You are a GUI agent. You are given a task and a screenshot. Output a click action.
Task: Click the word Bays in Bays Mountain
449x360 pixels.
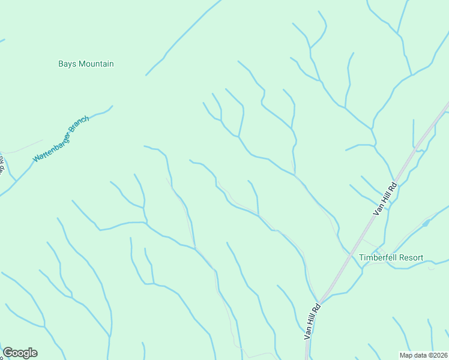(x=67, y=64)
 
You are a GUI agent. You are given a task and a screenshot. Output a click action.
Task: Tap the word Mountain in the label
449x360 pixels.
(x=96, y=64)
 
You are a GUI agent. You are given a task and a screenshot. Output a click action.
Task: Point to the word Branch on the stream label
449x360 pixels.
(x=79, y=126)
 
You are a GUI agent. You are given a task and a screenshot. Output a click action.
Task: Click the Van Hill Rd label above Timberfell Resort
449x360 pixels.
(x=385, y=199)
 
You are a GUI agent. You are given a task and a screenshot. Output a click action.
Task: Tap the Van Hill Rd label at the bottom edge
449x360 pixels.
(x=312, y=322)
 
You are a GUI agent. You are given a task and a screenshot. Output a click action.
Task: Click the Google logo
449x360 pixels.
(x=20, y=353)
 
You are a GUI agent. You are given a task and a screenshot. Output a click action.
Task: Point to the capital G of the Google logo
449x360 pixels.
(x=8, y=353)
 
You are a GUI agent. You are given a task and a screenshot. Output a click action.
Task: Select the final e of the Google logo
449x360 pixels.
(x=34, y=353)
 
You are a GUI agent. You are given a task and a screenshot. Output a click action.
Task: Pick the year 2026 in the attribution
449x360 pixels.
(x=438, y=355)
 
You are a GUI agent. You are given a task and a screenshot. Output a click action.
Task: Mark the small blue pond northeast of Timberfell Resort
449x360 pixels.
(x=426, y=223)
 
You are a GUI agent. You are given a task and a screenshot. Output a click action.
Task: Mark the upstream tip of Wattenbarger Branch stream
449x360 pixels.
(x=112, y=106)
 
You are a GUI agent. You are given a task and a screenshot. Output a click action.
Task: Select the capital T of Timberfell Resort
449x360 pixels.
(x=361, y=258)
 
